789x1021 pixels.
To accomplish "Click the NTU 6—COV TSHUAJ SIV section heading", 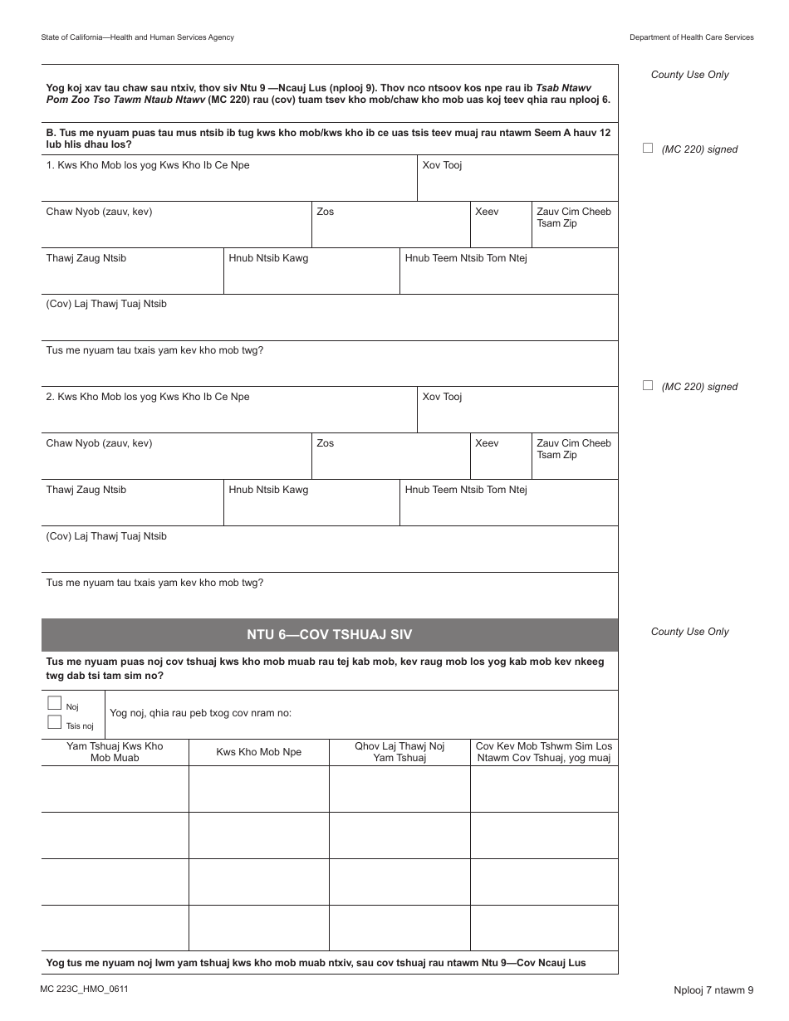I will pyautogui.click(x=329, y=635).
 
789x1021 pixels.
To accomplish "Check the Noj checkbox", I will pyautogui.click(x=55, y=703).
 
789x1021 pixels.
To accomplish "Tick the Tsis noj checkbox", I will pyautogui.click(x=55, y=722).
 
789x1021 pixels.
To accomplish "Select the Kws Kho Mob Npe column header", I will pyautogui.click(x=258, y=752).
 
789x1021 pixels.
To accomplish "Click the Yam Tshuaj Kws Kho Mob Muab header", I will pyautogui.click(x=115, y=752).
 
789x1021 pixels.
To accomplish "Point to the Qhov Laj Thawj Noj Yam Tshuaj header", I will pyautogui.click(x=399, y=752).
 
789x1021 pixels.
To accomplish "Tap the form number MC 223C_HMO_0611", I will pyautogui.click(x=83, y=989).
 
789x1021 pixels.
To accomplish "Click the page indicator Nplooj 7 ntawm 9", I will pyautogui.click(x=713, y=989).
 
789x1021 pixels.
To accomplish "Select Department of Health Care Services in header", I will pyautogui.click(x=691, y=37).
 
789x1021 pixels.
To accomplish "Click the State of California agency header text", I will pyautogui.click(x=137, y=37).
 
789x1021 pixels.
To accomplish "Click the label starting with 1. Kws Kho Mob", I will pyautogui.click(x=148, y=165).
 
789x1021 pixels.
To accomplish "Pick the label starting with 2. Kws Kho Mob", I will pyautogui.click(x=148, y=397).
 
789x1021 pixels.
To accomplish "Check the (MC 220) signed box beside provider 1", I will pyautogui.click(x=648, y=149).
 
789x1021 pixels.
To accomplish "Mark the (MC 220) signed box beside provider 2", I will pyautogui.click(x=648, y=386).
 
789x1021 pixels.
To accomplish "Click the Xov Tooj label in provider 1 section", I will pyautogui.click(x=442, y=165).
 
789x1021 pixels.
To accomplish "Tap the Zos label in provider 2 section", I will pyautogui.click(x=325, y=443).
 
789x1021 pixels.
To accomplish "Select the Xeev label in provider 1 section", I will pyautogui.click(x=487, y=212).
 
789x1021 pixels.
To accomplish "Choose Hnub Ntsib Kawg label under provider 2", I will pyautogui.click(x=268, y=490).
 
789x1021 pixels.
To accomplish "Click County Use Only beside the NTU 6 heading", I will pyautogui.click(x=689, y=632).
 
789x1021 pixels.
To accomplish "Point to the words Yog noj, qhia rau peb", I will pyautogui.click(x=200, y=713).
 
